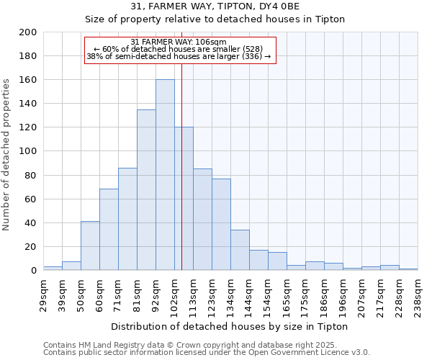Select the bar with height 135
point(146,190)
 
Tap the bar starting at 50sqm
point(90,246)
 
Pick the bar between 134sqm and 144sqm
point(240,250)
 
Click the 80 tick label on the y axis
point(31,175)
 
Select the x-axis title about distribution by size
point(230,326)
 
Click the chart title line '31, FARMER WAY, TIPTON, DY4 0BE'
point(215,6)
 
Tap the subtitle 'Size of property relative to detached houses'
point(215,19)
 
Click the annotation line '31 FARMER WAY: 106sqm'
point(179,42)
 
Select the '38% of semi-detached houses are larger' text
point(179,56)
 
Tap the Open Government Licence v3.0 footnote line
point(207,352)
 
